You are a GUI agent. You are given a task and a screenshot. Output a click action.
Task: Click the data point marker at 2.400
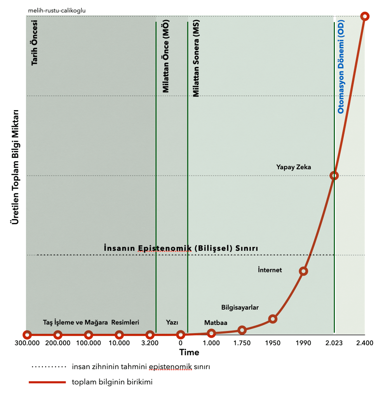coord(364,16)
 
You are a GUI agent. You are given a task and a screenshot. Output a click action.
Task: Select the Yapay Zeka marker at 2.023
coord(334,175)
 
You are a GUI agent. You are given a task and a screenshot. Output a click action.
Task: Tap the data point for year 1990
coord(303,271)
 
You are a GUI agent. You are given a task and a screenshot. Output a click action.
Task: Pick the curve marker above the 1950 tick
coord(273,319)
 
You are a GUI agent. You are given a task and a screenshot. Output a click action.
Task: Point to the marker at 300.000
coord(27,335)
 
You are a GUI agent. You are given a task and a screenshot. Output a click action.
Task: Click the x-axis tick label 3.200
coord(150,343)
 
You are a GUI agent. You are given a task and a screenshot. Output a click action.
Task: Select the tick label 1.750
coord(242,343)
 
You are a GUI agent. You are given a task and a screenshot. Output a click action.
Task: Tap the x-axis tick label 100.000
coord(88,343)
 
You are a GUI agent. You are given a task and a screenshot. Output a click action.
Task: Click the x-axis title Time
coord(189,353)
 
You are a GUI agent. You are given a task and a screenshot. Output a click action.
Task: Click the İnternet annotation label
coord(270,270)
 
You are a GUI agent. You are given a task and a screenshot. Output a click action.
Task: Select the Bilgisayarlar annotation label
coord(240,307)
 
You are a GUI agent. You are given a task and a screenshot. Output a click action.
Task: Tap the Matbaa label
coord(216,323)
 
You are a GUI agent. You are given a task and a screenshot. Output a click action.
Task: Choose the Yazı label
coord(172,323)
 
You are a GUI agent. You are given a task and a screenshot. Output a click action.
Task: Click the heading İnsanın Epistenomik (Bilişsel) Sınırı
coord(181,248)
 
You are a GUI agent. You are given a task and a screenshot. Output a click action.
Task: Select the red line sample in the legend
coord(47,382)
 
